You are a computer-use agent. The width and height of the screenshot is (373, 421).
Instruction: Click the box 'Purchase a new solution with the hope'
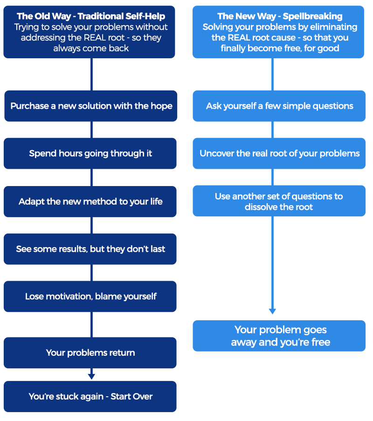tap(91, 106)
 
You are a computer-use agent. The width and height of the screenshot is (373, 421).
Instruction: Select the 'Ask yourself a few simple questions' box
tap(279, 106)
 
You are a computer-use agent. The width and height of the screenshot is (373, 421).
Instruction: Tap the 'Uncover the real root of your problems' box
tap(279, 153)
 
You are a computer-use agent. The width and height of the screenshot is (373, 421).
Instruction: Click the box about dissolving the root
tap(279, 201)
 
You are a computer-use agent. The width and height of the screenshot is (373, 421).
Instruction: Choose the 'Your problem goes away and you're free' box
tap(279, 336)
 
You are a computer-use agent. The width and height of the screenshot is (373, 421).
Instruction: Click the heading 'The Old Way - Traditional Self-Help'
tap(91, 17)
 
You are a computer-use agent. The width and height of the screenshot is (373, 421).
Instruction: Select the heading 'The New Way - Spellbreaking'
tap(280, 17)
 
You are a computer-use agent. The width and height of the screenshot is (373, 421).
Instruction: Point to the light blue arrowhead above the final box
tap(273, 311)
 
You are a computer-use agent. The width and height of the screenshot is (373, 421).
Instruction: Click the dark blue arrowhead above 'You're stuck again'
tap(91, 376)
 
